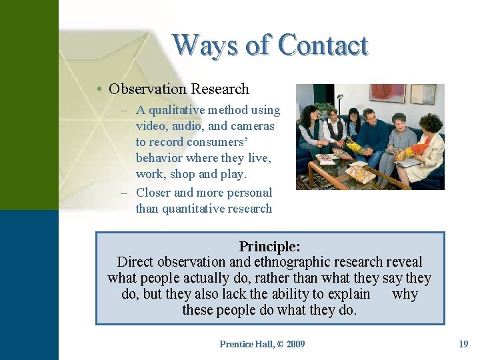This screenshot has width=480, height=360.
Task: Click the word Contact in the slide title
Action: tap(323, 45)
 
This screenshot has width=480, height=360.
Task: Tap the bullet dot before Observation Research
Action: tap(98, 89)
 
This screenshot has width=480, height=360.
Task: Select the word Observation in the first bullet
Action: tap(147, 89)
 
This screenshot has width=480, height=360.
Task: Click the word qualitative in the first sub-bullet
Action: tap(187, 110)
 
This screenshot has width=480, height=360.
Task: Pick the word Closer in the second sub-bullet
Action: tap(153, 193)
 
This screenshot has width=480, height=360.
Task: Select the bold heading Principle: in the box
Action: tap(269, 247)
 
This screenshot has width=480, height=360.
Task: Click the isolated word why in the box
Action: tap(405, 294)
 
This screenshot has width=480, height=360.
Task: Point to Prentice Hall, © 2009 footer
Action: tap(262, 344)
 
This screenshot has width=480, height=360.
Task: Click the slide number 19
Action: tap(463, 344)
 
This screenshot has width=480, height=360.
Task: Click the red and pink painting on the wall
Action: tap(387, 93)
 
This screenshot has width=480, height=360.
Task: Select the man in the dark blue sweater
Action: tap(375, 137)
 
